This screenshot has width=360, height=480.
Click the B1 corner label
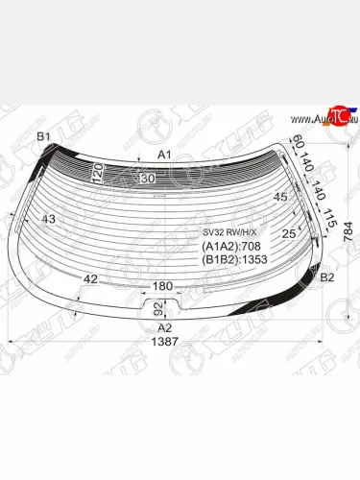point(42,137)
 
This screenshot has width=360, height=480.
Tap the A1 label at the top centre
point(164,155)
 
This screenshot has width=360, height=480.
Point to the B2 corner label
point(326,277)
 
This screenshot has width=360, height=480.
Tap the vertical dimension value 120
point(96,173)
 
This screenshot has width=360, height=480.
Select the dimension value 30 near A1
point(147,179)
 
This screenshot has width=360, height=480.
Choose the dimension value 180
point(163,286)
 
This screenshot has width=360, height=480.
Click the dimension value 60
point(298,145)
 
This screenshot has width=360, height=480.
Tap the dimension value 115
point(329,219)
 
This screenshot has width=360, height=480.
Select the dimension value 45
point(280,198)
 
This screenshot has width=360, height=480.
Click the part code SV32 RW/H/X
point(229,231)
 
